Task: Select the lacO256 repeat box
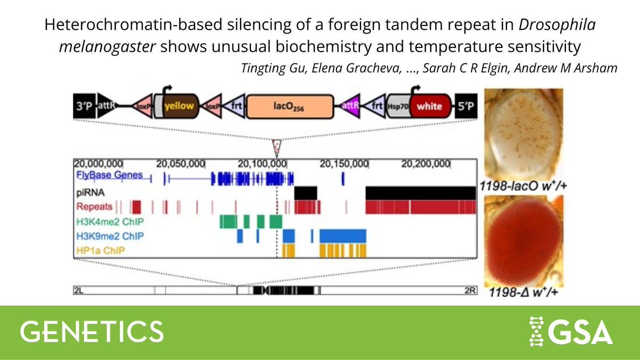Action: coord(290,106)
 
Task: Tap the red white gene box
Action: coord(429,106)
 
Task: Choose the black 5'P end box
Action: coord(466,106)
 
